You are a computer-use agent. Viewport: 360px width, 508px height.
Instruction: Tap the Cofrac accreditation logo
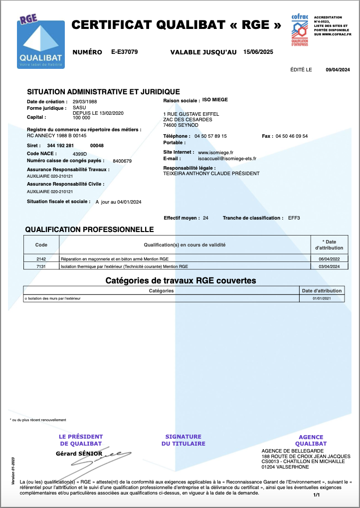pos(300,30)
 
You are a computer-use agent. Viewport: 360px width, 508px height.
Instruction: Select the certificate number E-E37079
pos(125,52)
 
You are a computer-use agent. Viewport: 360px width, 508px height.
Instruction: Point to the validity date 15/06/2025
pos(258,52)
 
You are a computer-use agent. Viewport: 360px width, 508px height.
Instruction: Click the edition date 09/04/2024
pos(338,70)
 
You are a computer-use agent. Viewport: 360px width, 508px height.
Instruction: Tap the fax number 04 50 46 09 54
pos(291,136)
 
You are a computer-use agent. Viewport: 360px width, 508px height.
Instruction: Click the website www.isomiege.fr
pos(216,152)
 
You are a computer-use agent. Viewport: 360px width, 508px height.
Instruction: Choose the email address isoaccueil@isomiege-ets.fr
pos(227,159)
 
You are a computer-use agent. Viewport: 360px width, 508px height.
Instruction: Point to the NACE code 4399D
pos(80,154)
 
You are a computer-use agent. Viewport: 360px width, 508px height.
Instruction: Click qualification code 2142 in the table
pos(41,259)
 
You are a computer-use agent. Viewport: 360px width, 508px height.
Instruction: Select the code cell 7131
pos(41,266)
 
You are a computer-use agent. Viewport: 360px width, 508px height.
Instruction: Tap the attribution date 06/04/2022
pos(329,259)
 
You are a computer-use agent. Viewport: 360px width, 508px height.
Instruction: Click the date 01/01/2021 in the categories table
pos(322,298)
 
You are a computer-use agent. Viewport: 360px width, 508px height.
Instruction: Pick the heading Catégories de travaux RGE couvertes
pos(180,280)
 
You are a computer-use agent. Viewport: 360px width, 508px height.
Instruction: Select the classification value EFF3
pos(294,218)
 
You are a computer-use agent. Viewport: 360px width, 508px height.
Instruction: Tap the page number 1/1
pos(317,495)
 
